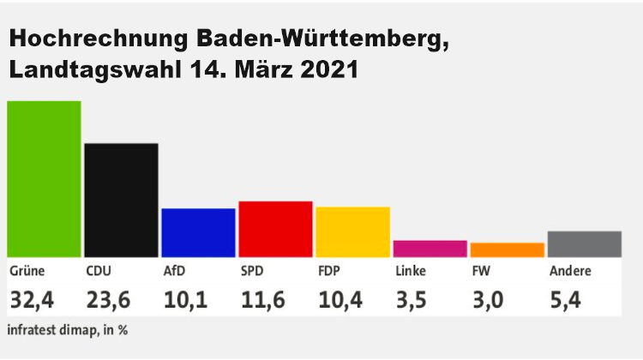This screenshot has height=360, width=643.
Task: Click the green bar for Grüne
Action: pyautogui.click(x=44, y=178)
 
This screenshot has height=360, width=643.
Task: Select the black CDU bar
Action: pyautogui.click(x=121, y=200)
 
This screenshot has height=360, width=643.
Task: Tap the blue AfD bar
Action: pyautogui.click(x=198, y=232)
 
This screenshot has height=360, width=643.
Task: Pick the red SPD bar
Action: pyautogui.click(x=275, y=229)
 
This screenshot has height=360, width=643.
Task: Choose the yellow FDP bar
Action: pyautogui.click(x=352, y=231)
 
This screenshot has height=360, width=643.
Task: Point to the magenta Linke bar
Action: pyautogui.click(x=430, y=249)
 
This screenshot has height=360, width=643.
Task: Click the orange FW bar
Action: pyautogui.click(x=507, y=249)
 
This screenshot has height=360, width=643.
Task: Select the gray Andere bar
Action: pyautogui.click(x=584, y=243)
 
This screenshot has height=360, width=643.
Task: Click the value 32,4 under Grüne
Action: pyautogui.click(x=33, y=301)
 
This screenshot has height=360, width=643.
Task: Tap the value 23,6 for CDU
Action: pyautogui.click(x=110, y=301)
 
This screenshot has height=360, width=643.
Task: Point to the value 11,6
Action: pyautogui.click(x=263, y=301)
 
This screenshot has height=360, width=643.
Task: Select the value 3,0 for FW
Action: pyautogui.click(x=490, y=301)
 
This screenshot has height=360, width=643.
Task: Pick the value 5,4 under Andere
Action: pyautogui.click(x=567, y=301)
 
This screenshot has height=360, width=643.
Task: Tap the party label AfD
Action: pyautogui.click(x=174, y=272)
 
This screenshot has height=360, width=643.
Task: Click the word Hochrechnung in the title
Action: pyautogui.click(x=99, y=40)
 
